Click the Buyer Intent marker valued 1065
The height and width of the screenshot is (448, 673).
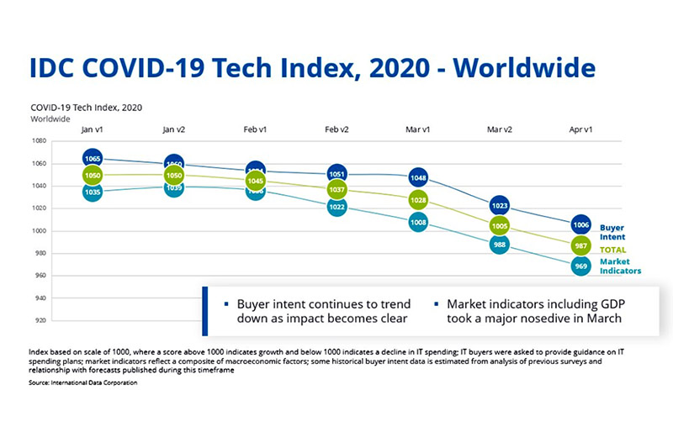pyautogui.click(x=93, y=158)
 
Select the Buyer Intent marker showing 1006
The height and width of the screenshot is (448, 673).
pyautogui.click(x=580, y=224)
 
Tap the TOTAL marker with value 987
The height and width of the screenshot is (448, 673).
pyautogui.click(x=580, y=245)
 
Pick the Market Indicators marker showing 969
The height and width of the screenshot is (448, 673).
pyautogui.click(x=580, y=266)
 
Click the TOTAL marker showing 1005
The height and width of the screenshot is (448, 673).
pyautogui.click(x=500, y=225)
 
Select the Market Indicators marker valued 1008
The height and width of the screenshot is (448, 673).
pyautogui.click(x=418, y=223)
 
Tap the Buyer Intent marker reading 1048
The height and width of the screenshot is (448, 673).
pyautogui.click(x=418, y=178)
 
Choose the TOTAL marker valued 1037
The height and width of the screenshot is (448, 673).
pyautogui.click(x=336, y=190)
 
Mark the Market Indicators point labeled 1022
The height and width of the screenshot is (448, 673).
pyautogui.click(x=336, y=207)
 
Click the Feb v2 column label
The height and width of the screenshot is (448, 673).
pyautogui.click(x=336, y=129)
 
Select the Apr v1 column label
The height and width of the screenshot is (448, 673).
pyautogui.click(x=580, y=129)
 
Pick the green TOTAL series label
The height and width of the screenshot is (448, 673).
pyautogui.click(x=613, y=250)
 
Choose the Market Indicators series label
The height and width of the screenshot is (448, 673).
pyautogui.click(x=621, y=266)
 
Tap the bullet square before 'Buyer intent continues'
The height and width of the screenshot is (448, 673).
pyautogui.click(x=226, y=303)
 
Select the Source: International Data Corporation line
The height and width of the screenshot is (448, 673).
pyautogui.click(x=82, y=382)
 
